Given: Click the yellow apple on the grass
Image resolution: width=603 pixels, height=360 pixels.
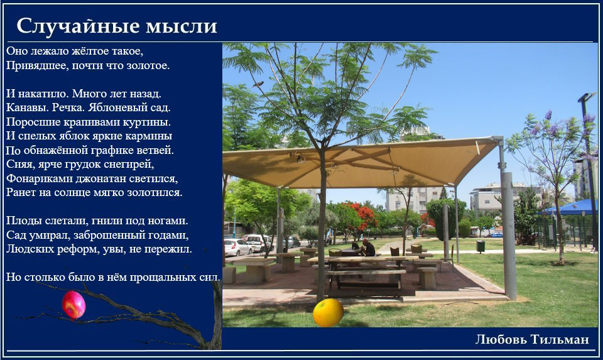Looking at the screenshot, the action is click(328, 313).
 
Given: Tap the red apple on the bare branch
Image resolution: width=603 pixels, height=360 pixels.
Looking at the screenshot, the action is click(73, 305).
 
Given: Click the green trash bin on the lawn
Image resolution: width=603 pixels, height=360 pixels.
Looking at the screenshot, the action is click(481, 246).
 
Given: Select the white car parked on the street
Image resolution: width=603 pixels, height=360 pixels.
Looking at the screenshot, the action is click(237, 248).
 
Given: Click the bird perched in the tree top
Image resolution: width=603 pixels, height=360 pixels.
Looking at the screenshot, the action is click(258, 84).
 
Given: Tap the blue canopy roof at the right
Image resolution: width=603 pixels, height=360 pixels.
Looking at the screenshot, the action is click(567, 208).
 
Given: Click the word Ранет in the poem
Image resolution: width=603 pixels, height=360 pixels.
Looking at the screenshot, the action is click(18, 192).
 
